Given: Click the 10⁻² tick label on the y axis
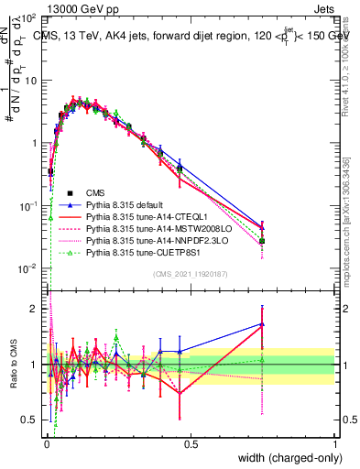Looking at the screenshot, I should tap(27, 267).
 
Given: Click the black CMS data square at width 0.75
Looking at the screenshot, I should tap(262, 241).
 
